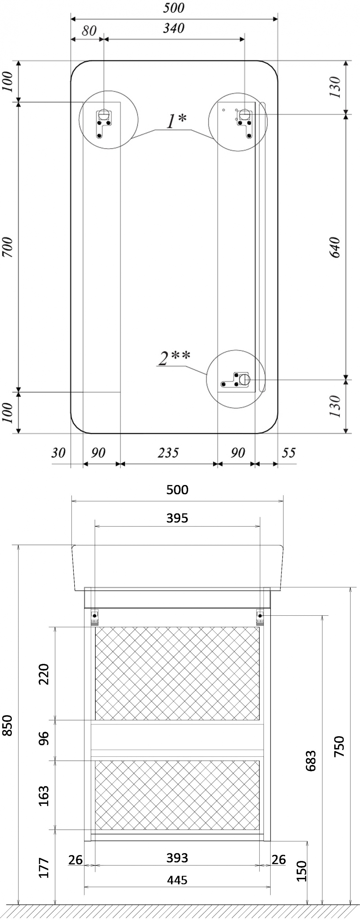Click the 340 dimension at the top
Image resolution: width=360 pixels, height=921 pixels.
174,28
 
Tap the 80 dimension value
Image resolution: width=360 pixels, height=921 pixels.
89,31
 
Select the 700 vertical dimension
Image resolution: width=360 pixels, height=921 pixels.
8,247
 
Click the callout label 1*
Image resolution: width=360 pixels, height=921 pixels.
177,121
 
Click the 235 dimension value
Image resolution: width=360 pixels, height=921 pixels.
168,453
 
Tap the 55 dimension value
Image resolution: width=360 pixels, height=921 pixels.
289,453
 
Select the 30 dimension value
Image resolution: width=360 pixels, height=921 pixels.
58,453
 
